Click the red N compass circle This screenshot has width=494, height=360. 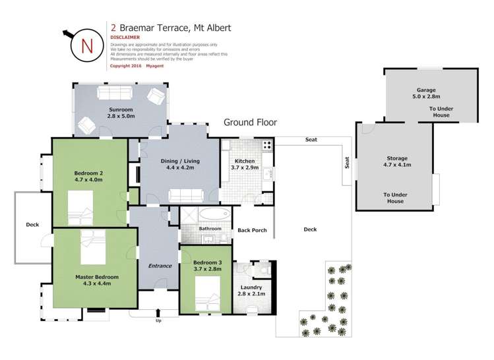(86, 45)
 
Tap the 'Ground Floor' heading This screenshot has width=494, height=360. (250, 122)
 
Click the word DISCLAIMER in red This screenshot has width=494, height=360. (125, 38)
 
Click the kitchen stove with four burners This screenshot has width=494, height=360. (268, 146)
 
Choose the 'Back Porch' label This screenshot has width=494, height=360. (252, 230)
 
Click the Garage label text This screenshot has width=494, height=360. (426, 90)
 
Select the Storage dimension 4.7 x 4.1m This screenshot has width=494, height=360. (397, 165)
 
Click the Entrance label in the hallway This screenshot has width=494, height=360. (160, 266)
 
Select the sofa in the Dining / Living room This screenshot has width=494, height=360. (187, 195)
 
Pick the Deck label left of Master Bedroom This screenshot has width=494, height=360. (32, 224)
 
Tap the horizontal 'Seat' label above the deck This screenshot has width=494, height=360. (311, 140)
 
